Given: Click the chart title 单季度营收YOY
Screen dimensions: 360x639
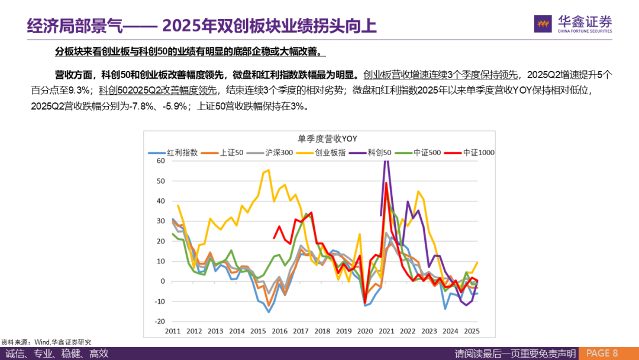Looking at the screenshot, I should click(327, 139).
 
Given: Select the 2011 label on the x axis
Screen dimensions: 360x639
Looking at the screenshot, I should click(173, 331).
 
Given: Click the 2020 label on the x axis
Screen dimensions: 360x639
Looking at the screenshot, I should click(365, 331).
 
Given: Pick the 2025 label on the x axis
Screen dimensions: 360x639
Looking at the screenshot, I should click(472, 331).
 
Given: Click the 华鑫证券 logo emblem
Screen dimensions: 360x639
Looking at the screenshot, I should click(543, 24).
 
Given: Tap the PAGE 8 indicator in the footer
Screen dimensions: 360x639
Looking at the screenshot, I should click(602, 353).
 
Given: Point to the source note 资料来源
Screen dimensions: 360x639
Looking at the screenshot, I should click(16, 342).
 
